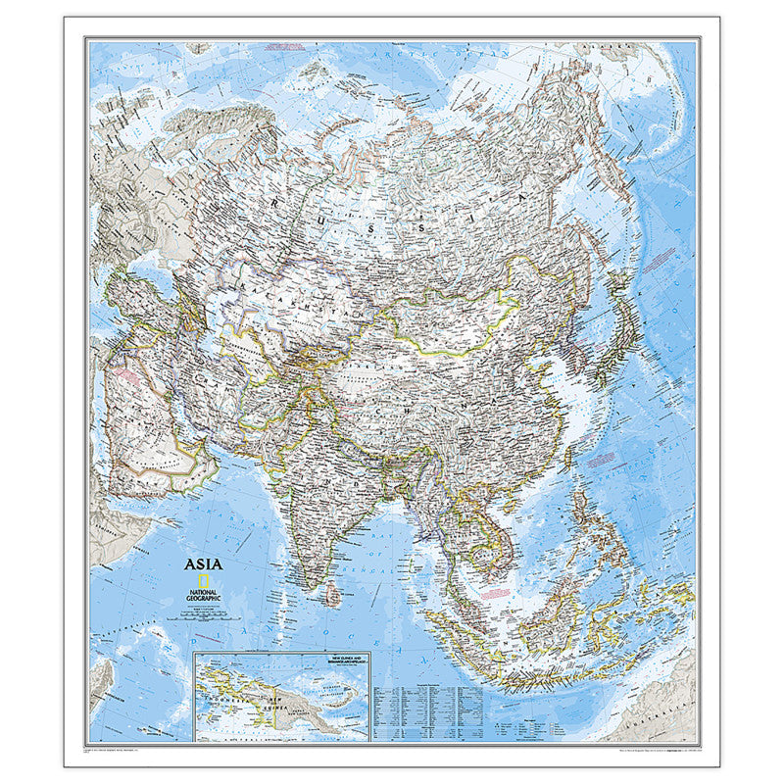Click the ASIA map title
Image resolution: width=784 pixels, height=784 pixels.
click(203, 563)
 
